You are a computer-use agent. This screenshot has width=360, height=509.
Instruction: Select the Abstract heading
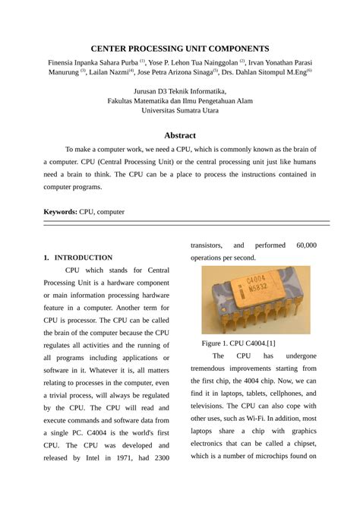pyautogui.click(x=180, y=134)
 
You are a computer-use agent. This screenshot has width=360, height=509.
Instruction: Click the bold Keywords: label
pyautogui.click(x=60, y=212)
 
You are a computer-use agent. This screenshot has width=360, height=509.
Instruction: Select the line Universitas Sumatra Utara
pyautogui.click(x=180, y=110)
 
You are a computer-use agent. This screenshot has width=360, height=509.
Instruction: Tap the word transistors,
pyautogui.click(x=206, y=245)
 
